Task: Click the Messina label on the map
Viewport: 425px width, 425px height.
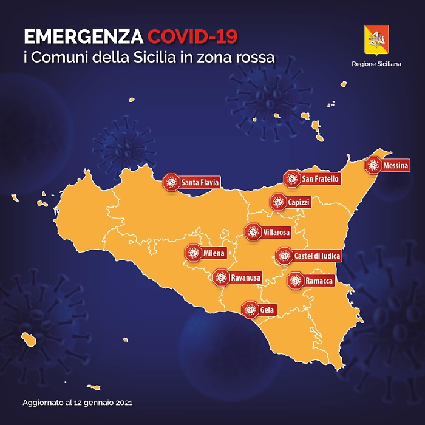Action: [x=395, y=165]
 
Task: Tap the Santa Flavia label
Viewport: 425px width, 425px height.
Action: [x=200, y=182]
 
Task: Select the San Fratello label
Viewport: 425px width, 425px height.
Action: [x=320, y=178]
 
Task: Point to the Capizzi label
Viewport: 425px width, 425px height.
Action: [x=299, y=202]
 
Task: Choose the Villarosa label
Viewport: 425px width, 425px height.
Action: [x=277, y=232]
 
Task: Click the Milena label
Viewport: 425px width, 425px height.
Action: [x=214, y=253]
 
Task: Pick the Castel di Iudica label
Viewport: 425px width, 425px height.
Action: [x=316, y=256]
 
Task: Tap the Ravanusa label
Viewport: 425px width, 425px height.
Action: [x=245, y=278]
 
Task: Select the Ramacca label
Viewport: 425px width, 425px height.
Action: [x=319, y=280]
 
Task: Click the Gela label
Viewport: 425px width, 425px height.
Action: [x=267, y=310]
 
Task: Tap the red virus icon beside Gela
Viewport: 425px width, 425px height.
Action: [x=250, y=310]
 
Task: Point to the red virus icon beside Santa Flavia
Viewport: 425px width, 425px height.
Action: [x=172, y=182]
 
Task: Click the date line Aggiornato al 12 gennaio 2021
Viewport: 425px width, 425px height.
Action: [x=77, y=402]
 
